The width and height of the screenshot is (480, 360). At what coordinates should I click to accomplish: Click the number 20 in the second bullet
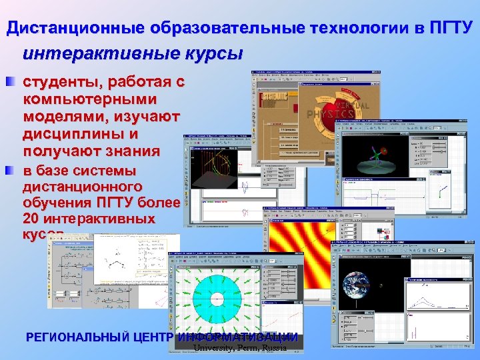(x=31, y=219)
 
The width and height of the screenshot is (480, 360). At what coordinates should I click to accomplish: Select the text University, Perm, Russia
(x=239, y=348)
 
